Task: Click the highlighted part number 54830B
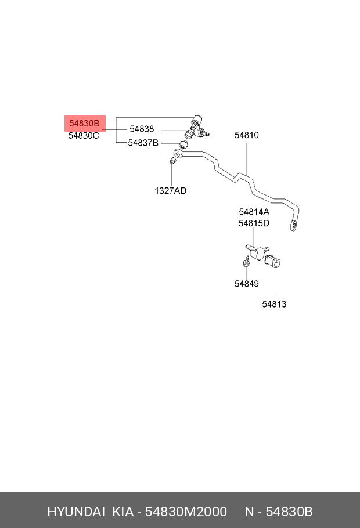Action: tap(84, 123)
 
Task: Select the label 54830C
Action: tap(84, 135)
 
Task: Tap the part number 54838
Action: tap(142, 129)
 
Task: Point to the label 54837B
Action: tap(143, 143)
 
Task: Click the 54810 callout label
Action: tap(246, 135)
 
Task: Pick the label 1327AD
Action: tap(170, 190)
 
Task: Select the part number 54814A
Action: tap(254, 212)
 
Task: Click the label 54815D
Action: tap(254, 223)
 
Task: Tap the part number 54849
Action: tap(246, 284)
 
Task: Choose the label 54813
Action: tap(274, 304)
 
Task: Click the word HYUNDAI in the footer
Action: tap(76, 512)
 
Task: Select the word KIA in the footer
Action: tap(123, 512)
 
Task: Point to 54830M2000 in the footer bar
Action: tap(186, 512)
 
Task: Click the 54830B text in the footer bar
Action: tap(289, 512)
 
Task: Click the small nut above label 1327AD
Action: tap(172, 161)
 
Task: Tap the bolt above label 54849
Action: tap(246, 261)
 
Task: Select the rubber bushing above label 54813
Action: tap(273, 262)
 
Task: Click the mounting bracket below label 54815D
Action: tap(258, 252)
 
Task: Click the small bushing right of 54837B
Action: tap(183, 145)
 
